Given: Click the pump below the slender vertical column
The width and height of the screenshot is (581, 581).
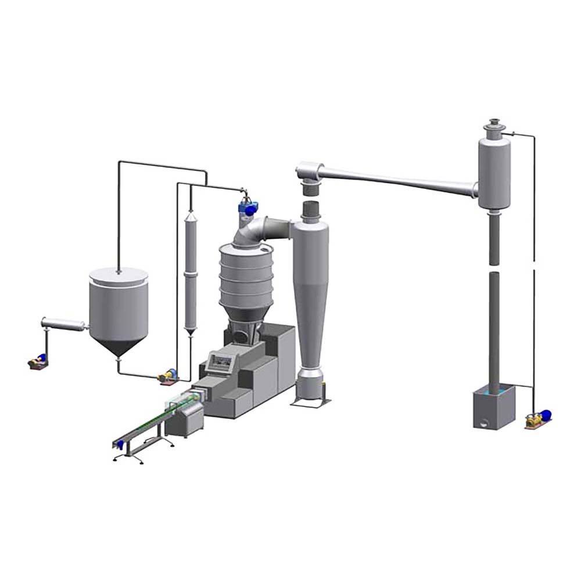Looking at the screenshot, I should pyautogui.click(x=168, y=376).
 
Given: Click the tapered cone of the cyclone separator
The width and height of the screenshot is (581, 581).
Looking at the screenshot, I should pyautogui.click(x=311, y=325).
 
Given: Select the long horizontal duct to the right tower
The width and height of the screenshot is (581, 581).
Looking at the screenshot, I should pyautogui.click(x=395, y=178).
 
